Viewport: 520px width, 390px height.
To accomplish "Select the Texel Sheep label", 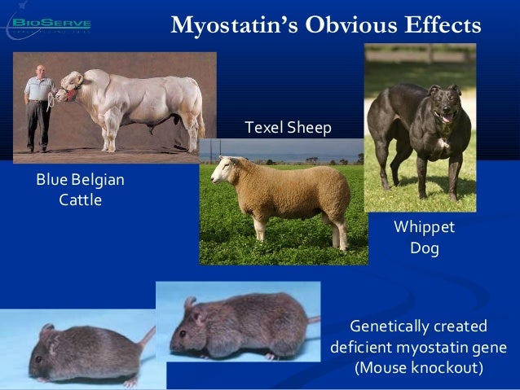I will pyautogui.click(x=288, y=127).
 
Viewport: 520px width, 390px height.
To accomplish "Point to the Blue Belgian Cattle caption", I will pyautogui.click(x=81, y=189).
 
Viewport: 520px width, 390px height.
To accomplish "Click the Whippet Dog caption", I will pyautogui.click(x=424, y=236).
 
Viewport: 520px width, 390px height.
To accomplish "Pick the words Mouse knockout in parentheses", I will pyautogui.click(x=419, y=367).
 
